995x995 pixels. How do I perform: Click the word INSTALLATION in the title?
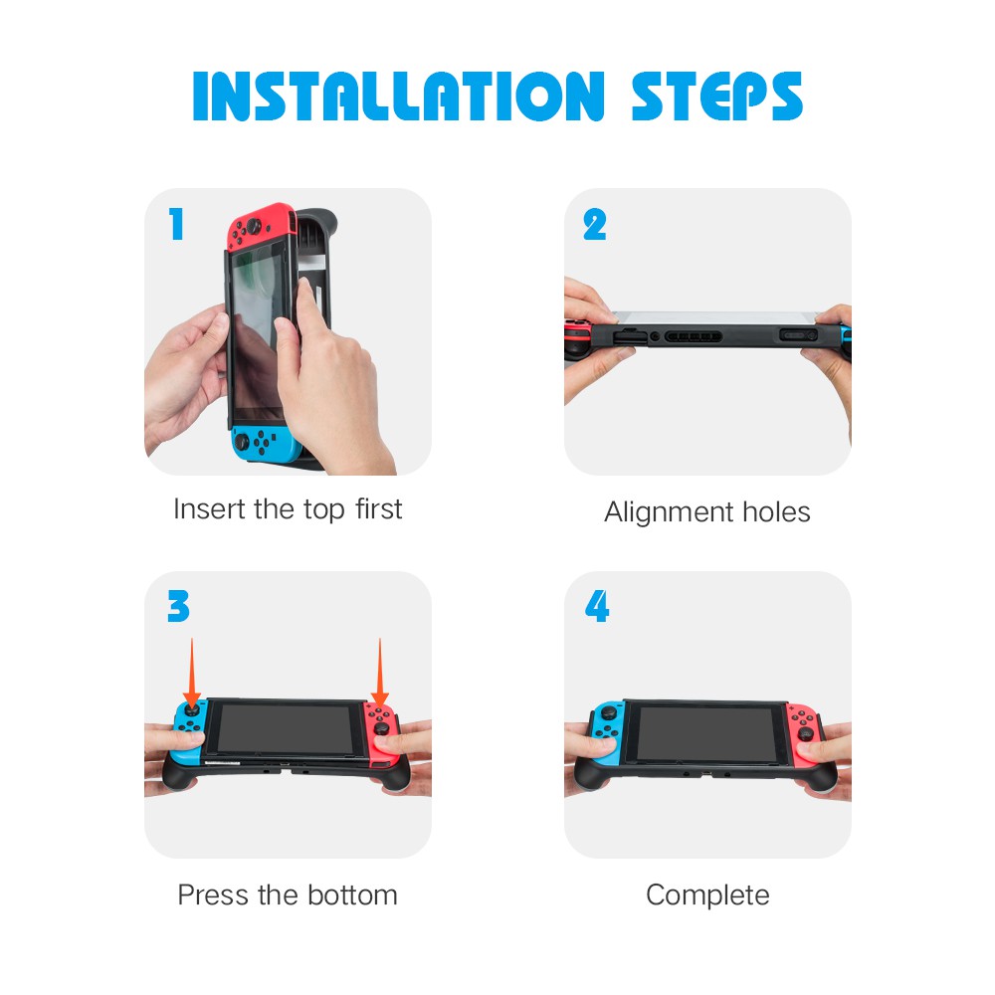(399, 96)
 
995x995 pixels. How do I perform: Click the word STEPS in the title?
(717, 96)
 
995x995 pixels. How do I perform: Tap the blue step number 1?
(177, 224)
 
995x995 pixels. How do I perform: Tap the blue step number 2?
(595, 225)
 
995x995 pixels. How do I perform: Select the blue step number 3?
(178, 606)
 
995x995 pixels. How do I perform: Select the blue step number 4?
(597, 606)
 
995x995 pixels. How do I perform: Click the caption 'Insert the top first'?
(288, 508)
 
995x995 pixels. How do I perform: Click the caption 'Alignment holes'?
(706, 512)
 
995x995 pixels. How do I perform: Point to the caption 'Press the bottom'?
(288, 895)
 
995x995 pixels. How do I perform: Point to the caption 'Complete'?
(707, 895)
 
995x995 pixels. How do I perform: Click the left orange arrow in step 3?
(192, 673)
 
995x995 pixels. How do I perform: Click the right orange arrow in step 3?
(379, 673)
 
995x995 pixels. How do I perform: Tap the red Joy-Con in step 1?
(260, 227)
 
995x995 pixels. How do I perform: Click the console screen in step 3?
(286, 729)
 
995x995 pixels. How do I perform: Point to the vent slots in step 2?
(693, 336)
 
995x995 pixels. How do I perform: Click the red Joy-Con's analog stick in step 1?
(254, 226)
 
